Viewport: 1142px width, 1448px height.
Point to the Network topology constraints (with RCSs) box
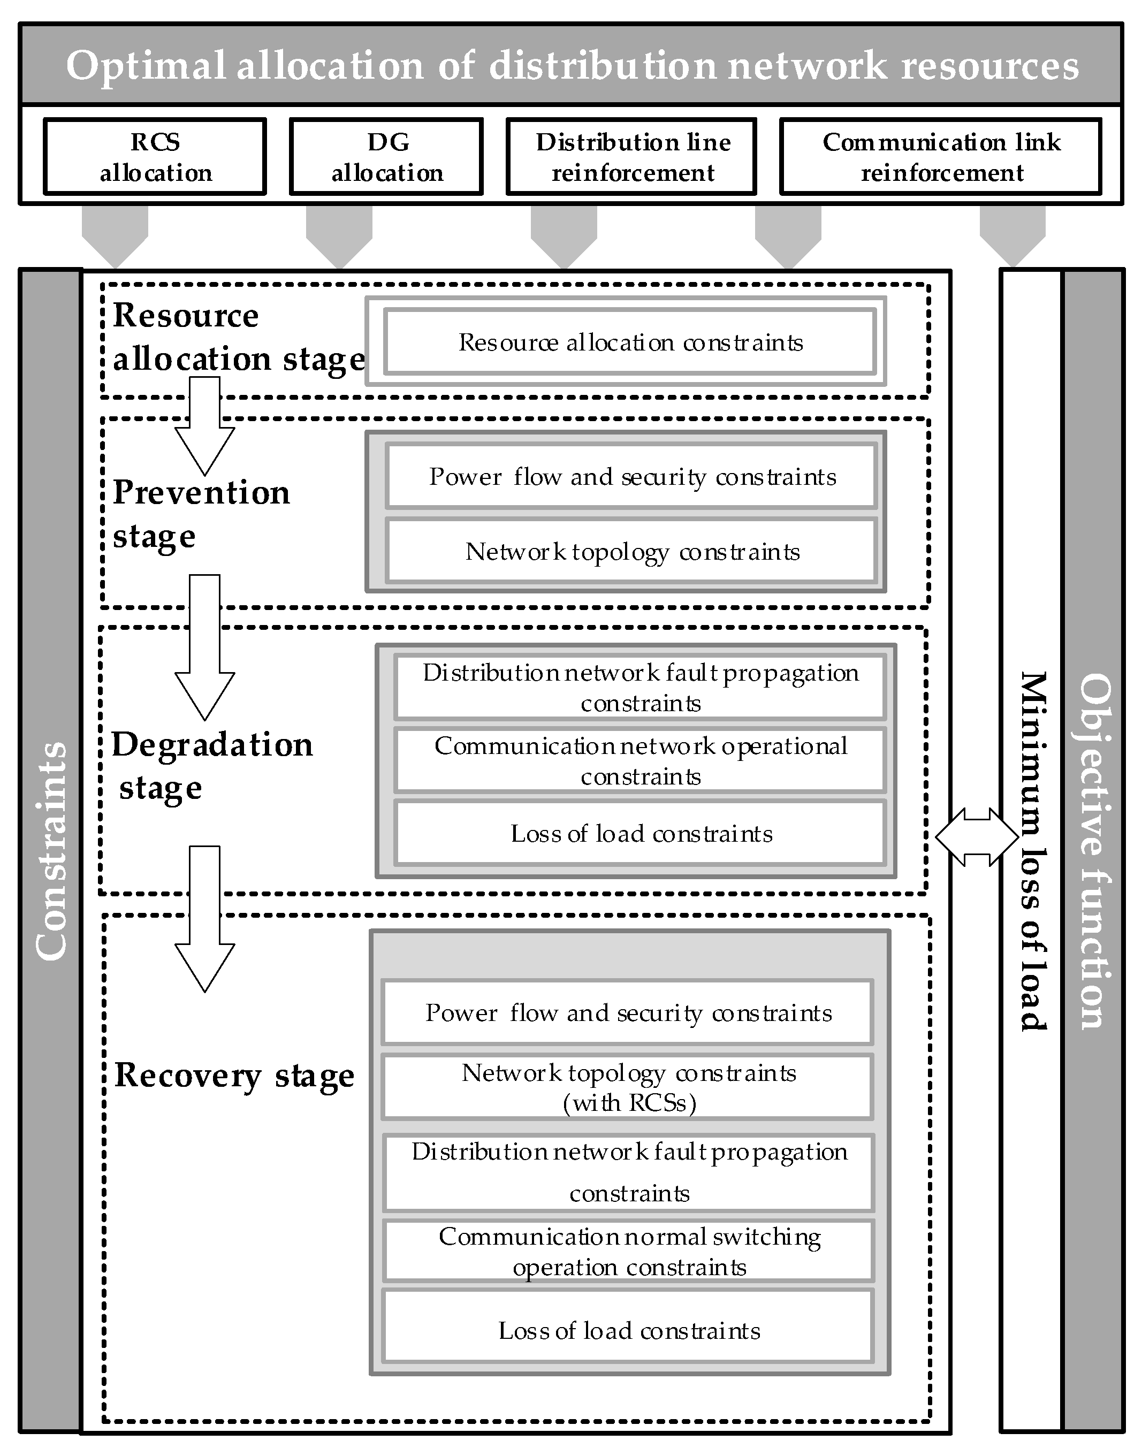[628, 1087]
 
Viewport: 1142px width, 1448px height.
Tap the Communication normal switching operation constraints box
[628, 1252]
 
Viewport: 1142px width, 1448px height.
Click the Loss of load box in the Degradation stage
[640, 834]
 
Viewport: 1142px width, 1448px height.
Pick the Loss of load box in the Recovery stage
[628, 1330]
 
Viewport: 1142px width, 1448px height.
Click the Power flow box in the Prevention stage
[632, 477]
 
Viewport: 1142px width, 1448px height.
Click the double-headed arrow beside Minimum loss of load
[976, 837]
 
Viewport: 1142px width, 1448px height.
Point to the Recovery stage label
[234, 1076]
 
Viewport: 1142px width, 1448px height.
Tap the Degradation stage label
[211, 765]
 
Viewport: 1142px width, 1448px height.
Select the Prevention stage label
[201, 513]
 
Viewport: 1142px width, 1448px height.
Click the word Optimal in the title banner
[146, 65]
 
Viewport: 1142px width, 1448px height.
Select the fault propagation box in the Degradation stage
[640, 687]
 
